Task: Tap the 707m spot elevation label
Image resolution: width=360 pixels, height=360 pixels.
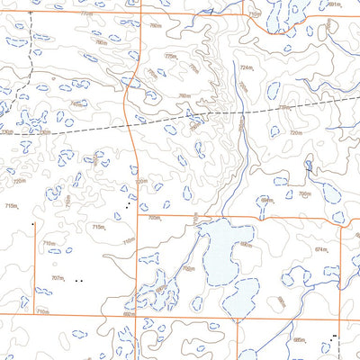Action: click(x=58, y=279)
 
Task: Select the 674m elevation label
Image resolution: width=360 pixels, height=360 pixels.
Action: click(x=320, y=248)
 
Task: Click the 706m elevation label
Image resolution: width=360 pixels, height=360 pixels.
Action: click(x=304, y=193)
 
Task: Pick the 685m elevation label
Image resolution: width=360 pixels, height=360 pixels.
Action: click(x=300, y=340)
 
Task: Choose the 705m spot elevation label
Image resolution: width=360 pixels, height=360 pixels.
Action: click(x=154, y=217)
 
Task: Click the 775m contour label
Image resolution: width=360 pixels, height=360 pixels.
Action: click(x=170, y=57)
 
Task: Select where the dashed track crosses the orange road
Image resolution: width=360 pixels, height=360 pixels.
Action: click(x=135, y=121)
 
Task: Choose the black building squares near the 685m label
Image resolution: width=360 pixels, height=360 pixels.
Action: click(x=334, y=337)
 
